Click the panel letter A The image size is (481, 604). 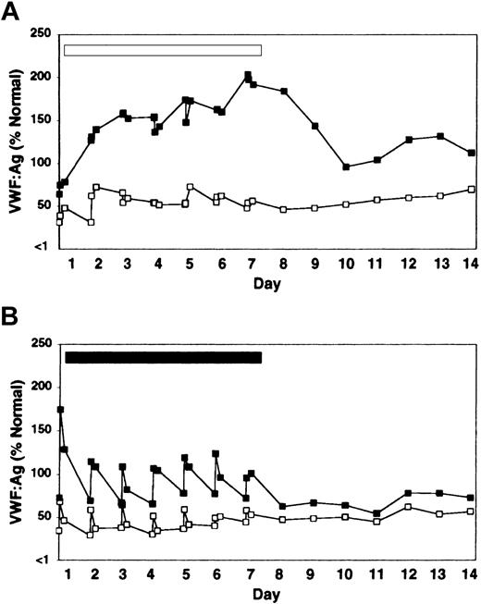pyautogui.click(x=10, y=10)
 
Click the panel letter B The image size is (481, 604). pyautogui.click(x=10, y=319)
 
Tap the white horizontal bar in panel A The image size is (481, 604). pyautogui.click(x=163, y=50)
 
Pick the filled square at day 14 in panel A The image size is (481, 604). pyautogui.click(x=472, y=154)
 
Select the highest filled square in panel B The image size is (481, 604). pyautogui.click(x=61, y=409)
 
